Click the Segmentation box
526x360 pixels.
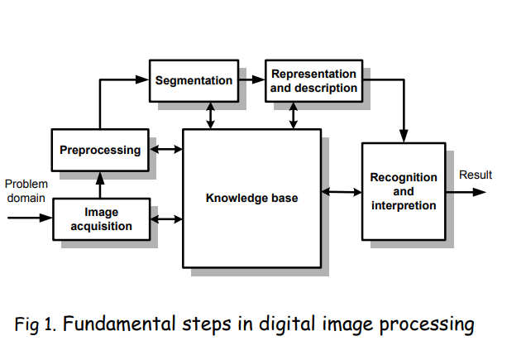click(x=194, y=80)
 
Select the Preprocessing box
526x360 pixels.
click(x=100, y=151)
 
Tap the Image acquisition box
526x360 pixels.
click(x=101, y=219)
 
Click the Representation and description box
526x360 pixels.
click(x=314, y=80)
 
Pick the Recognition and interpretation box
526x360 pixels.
click(x=403, y=190)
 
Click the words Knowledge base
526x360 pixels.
click(x=251, y=198)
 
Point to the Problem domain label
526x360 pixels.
click(x=26, y=190)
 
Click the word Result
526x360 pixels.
click(x=475, y=175)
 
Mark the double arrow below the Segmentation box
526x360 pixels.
click(x=210, y=115)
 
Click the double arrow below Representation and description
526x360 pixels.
click(x=293, y=115)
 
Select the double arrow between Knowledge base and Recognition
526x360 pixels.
click(x=342, y=192)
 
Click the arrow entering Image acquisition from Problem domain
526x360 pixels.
click(x=30, y=218)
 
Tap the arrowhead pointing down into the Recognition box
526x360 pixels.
click(x=403, y=135)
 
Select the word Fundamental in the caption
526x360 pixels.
click(x=117, y=324)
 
